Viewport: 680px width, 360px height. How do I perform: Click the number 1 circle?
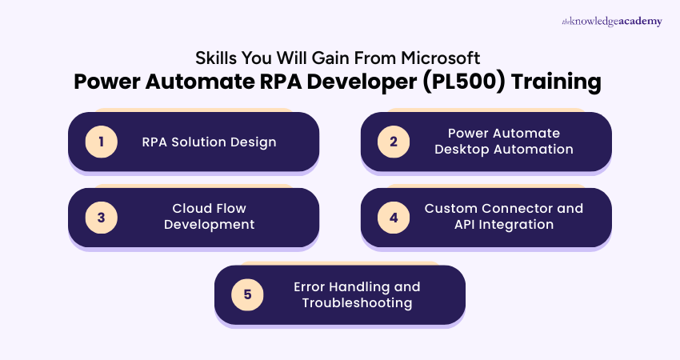tap(102, 142)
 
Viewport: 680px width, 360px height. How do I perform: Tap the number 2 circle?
tap(394, 142)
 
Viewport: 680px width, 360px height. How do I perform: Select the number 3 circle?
tap(102, 218)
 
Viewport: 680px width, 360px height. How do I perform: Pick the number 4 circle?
tap(394, 218)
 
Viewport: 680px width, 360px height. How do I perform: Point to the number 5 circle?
tap(247, 294)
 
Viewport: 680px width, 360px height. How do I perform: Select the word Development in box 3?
tap(210, 225)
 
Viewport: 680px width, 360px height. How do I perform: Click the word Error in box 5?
tap(310, 286)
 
